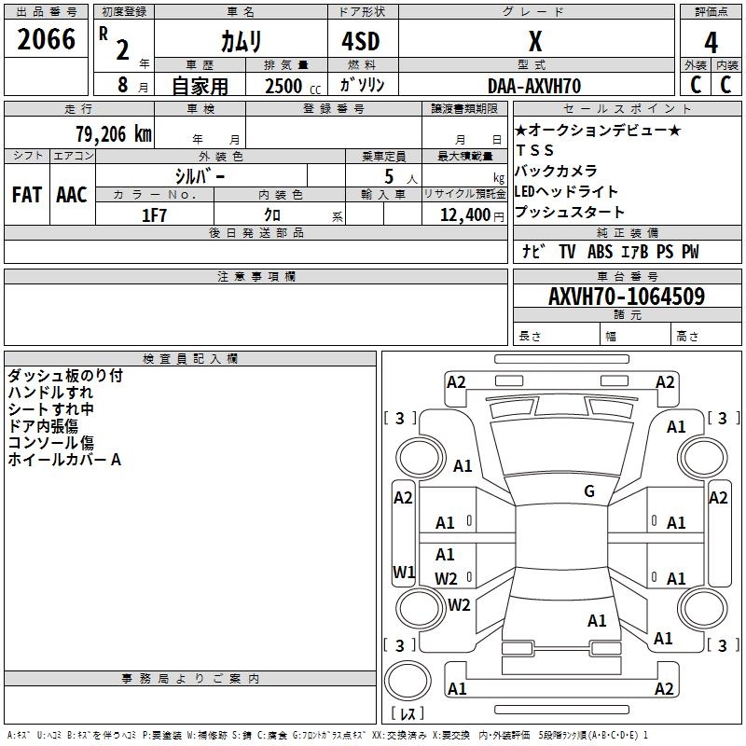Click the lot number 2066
tap(46, 39)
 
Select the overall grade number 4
tap(711, 42)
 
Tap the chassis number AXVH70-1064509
tap(627, 297)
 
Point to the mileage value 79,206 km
tap(114, 134)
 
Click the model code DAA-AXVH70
tap(534, 86)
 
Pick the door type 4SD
tap(361, 41)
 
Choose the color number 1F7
tap(154, 215)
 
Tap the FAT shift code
tap(27, 195)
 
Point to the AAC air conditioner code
tap(72, 195)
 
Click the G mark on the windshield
tap(589, 491)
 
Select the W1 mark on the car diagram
tap(404, 572)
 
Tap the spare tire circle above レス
tap(408, 681)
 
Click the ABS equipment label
tap(600, 252)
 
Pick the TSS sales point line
tap(534, 150)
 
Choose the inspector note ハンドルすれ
tap(50, 393)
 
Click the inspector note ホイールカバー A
tap(64, 460)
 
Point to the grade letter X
tap(535, 41)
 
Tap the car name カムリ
tap(241, 41)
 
